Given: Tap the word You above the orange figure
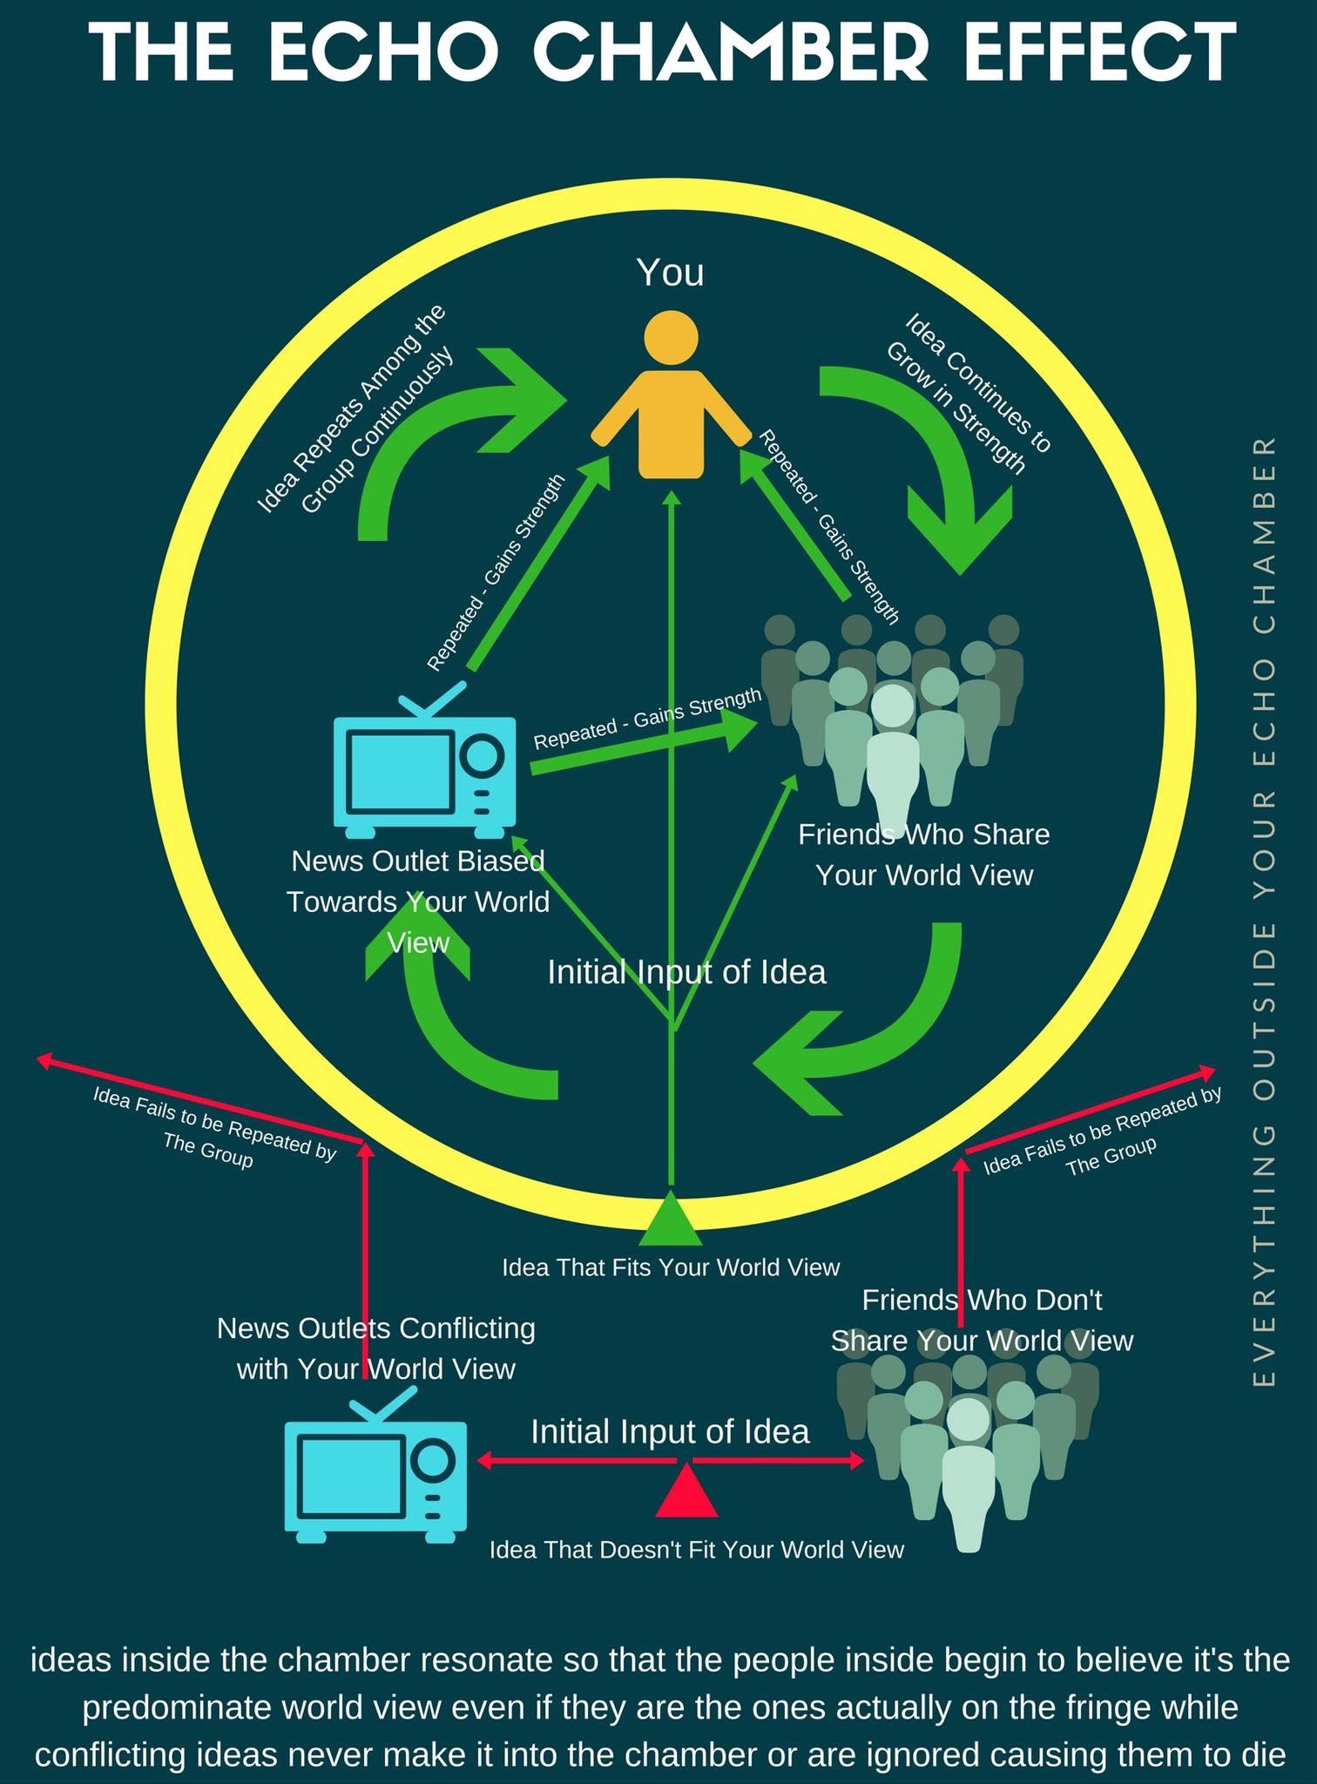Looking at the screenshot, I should pyautogui.click(x=670, y=272).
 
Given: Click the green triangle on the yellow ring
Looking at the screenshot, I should pyautogui.click(x=670, y=1220).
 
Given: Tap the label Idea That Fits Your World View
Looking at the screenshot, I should pyautogui.click(x=670, y=1267).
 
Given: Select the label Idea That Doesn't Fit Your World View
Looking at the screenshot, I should pyautogui.click(x=696, y=1550).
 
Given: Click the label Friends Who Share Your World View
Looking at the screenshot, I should pyautogui.click(x=923, y=855).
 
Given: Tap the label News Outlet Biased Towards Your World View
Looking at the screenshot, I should pyautogui.click(x=418, y=901).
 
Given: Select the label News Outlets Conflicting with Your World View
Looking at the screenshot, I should pyautogui.click(x=376, y=1348).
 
